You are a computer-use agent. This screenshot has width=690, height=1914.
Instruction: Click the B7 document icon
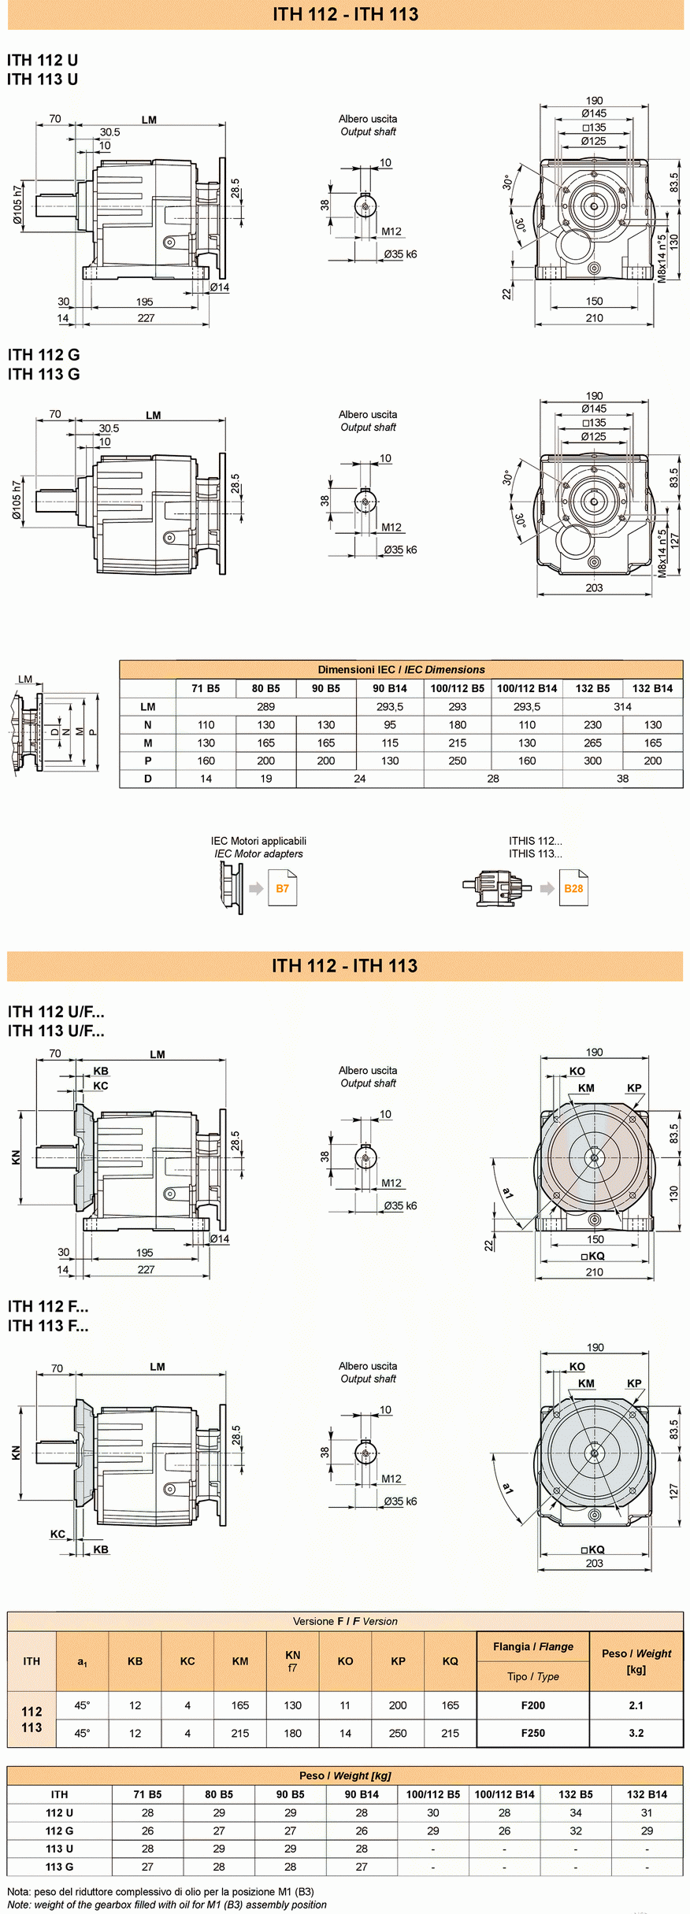[282, 888]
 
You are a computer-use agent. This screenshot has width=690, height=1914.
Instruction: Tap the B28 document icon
[573, 888]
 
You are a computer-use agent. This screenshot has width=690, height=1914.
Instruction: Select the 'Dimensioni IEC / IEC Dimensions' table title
[401, 669]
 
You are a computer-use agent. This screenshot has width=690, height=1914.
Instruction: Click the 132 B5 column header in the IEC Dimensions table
[592, 688]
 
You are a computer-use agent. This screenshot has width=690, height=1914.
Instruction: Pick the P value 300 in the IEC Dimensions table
[592, 761]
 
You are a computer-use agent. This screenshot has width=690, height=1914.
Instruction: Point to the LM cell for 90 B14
[390, 706]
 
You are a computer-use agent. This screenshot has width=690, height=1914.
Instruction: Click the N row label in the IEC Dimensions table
[147, 724]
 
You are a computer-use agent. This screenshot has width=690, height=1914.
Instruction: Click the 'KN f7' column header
[292, 1661]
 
